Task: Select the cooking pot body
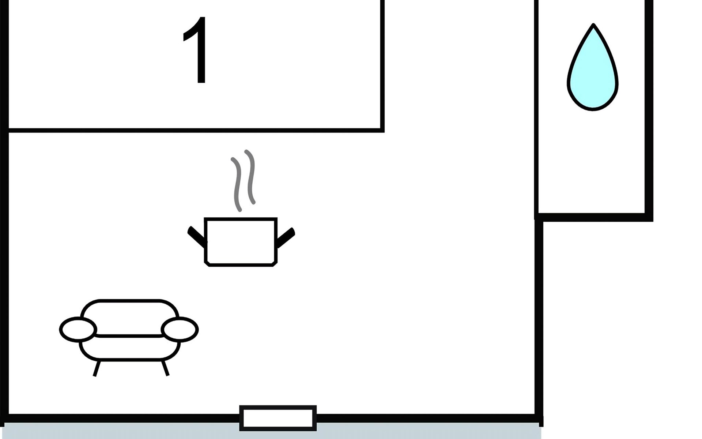(x=241, y=242)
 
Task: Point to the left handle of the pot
(x=197, y=237)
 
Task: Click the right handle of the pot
(x=286, y=237)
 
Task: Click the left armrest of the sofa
(x=78, y=329)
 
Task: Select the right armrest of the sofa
(x=180, y=329)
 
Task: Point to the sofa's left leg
(x=97, y=368)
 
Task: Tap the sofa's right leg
(x=165, y=368)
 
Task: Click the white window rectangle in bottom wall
(x=278, y=418)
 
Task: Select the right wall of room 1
(x=382, y=66)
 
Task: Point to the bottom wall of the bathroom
(x=594, y=217)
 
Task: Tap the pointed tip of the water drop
(x=593, y=25)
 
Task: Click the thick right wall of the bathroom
(x=649, y=110)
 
